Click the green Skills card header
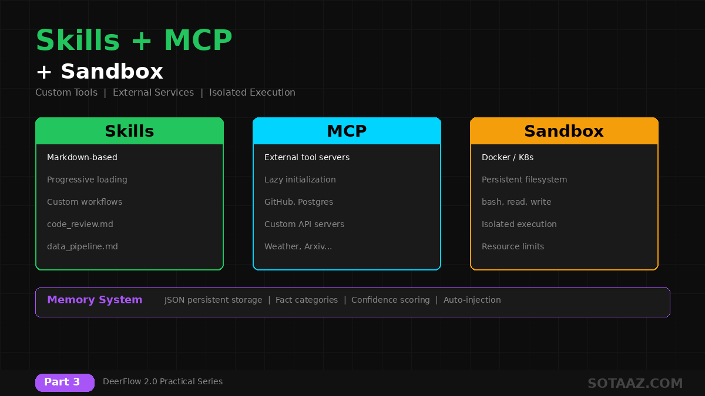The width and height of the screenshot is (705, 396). tap(129, 131)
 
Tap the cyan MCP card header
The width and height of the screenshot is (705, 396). tap(347, 131)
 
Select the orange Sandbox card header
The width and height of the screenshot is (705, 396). tap(564, 131)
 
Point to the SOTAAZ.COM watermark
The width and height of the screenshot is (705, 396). tap(635, 384)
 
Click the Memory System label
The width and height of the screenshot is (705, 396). tap(95, 300)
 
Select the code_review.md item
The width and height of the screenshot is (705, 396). tap(80, 224)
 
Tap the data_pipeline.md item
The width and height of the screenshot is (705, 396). tap(82, 246)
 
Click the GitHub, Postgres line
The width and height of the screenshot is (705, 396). tap(298, 202)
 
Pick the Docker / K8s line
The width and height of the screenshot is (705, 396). tap(508, 157)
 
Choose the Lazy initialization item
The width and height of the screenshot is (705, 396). tap(300, 180)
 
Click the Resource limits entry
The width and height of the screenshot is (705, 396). tap(513, 246)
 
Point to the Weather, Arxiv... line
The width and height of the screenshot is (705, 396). tap(298, 246)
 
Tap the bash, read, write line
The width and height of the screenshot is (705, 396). tap(516, 202)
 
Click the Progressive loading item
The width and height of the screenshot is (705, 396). tap(87, 180)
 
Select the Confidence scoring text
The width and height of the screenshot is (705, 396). tap(391, 300)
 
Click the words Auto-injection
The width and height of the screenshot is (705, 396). tap(472, 300)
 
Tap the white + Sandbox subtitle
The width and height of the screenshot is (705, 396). tap(99, 72)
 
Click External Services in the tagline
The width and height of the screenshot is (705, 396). tap(153, 92)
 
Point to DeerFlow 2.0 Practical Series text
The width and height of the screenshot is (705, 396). tap(163, 381)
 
